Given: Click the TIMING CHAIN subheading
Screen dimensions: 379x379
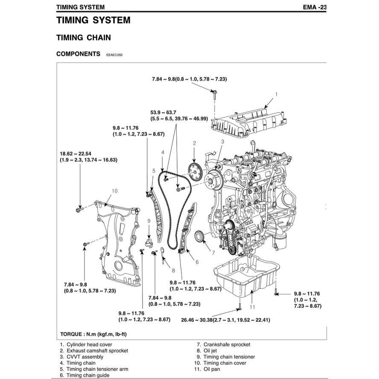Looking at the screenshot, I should pyautogui.click(x=84, y=38).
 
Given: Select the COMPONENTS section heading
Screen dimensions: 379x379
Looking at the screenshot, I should pyautogui.click(x=78, y=54).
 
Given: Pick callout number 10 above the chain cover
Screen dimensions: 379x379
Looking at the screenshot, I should pyautogui.click(x=114, y=191).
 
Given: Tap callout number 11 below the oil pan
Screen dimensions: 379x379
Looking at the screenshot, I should pyautogui.click(x=252, y=306).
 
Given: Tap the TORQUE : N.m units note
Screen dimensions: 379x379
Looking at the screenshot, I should pyautogui.click(x=92, y=334).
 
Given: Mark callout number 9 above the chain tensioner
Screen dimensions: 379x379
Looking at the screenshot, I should pyautogui.click(x=149, y=221).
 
